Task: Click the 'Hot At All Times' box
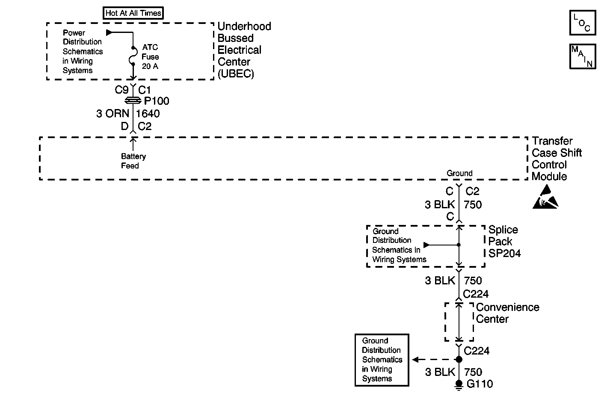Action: pos(133,13)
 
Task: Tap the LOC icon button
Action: pos(583,23)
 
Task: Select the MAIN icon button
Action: pos(583,56)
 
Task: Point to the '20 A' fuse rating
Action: pos(150,66)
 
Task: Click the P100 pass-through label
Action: pos(157,101)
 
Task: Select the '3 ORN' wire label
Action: pos(113,113)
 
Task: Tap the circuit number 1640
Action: pos(148,113)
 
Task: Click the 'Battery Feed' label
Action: pos(133,161)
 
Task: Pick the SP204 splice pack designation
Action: pos(504,254)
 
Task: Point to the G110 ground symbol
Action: pos(459,385)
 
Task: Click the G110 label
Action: pos(480,384)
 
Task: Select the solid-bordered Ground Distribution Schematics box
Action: pos(382,360)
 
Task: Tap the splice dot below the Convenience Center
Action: pos(459,360)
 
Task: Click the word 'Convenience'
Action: pos(508,307)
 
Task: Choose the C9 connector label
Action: pos(121,90)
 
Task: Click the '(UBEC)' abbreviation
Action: pos(236,74)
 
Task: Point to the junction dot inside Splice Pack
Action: pos(459,245)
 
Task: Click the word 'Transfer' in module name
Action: pos(552,141)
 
